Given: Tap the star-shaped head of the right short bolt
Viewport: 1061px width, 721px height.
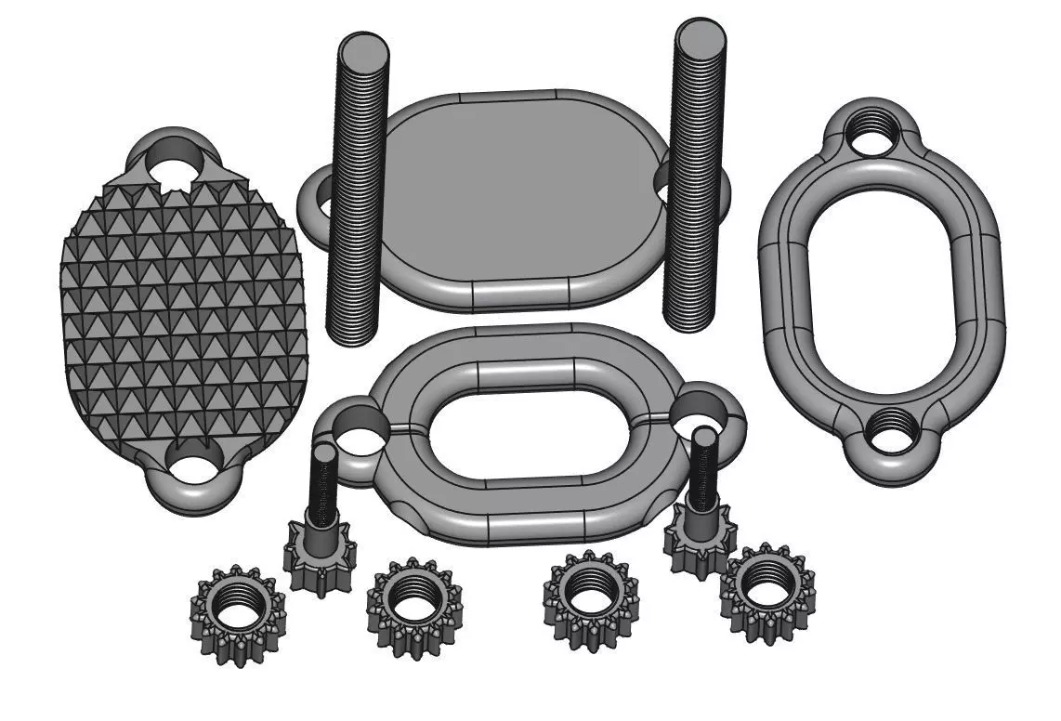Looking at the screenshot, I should (x=701, y=541).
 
